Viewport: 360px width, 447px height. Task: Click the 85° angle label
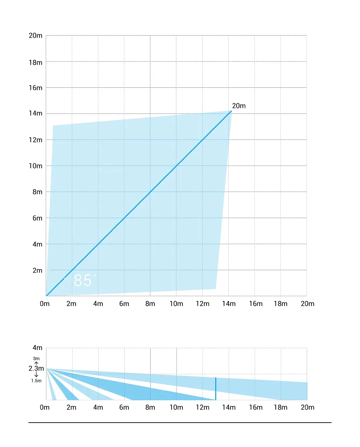pos(84,281)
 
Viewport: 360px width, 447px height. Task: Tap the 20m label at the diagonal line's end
pos(239,106)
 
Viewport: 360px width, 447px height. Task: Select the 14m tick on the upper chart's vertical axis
pos(35,113)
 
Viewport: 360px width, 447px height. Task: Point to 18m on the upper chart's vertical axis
pos(35,62)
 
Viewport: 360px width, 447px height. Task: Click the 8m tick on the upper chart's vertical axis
pos(37,192)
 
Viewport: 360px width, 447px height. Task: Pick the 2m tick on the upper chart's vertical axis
pos(37,270)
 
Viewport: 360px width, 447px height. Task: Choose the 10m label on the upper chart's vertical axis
pos(35,166)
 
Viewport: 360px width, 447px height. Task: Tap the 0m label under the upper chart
pos(44,304)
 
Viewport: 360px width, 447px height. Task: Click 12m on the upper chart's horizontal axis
pos(203,304)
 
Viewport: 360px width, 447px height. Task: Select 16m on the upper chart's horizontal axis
pos(256,304)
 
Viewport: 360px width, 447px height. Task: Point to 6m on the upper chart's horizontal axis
pos(124,304)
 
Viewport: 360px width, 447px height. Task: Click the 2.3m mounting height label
pos(36,368)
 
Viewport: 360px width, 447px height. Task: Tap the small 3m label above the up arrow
pos(36,358)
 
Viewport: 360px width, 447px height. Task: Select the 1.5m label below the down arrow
pos(36,381)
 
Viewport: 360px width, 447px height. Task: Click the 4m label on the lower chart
pos(37,348)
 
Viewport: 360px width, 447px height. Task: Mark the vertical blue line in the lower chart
pos(216,389)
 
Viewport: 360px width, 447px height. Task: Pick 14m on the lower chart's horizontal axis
pos(229,407)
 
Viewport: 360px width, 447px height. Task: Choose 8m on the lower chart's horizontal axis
pos(150,407)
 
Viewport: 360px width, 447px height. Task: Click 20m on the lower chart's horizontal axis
pos(308,407)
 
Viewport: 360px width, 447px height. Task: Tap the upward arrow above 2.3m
pos(36,363)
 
